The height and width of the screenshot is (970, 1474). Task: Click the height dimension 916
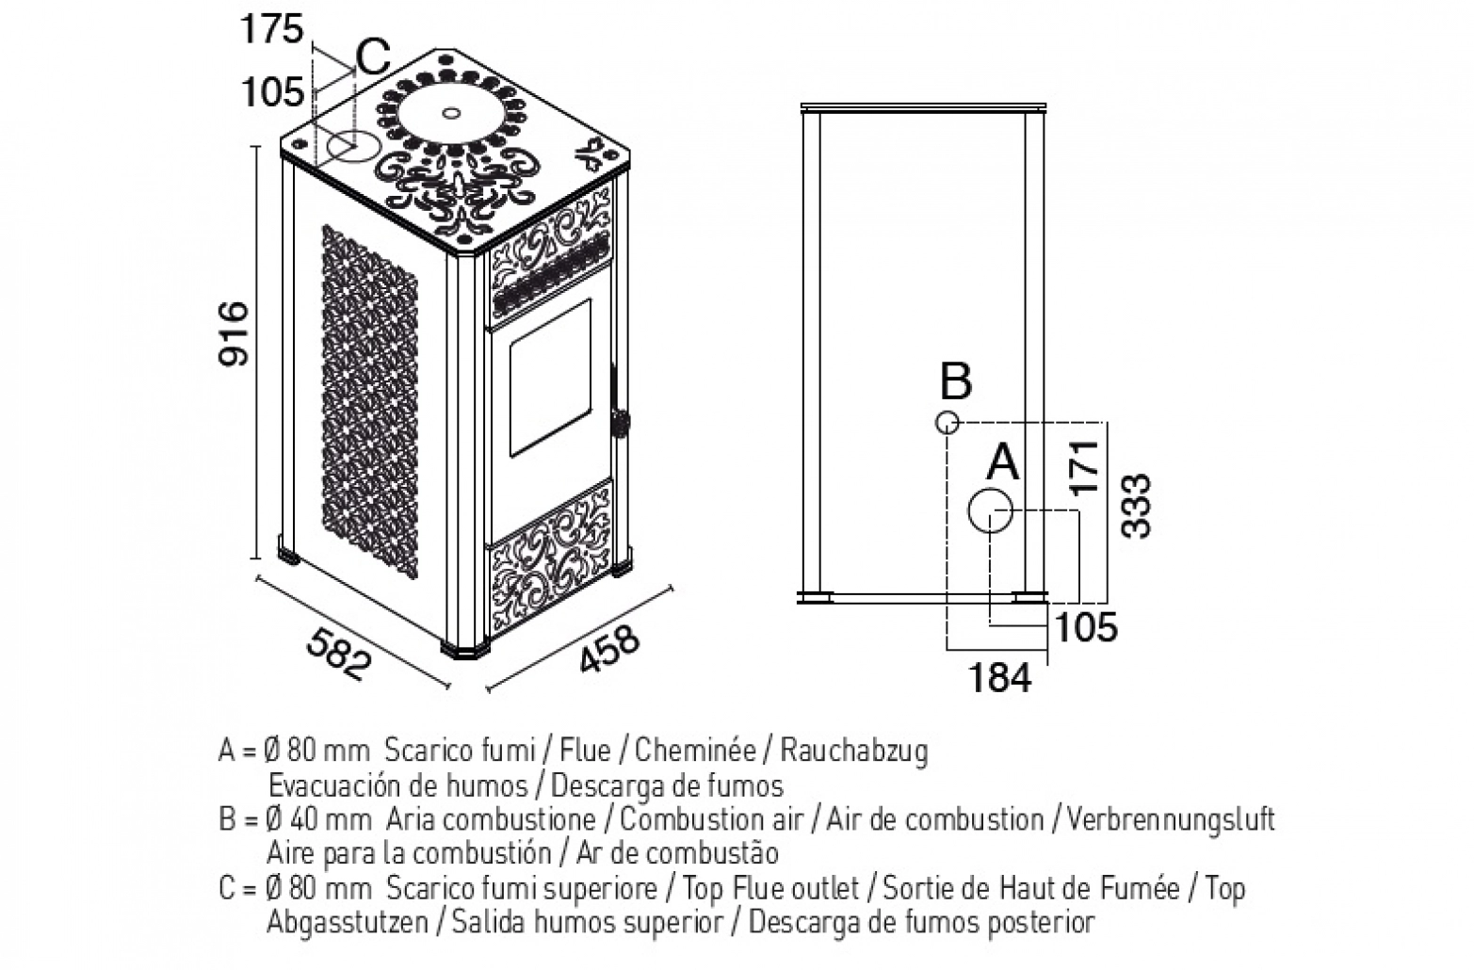click(x=235, y=333)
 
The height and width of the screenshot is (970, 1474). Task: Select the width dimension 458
click(x=609, y=649)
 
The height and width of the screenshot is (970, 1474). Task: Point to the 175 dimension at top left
click(x=271, y=29)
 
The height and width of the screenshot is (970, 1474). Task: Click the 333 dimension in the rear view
click(x=1137, y=506)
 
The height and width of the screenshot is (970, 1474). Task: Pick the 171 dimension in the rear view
click(x=1085, y=467)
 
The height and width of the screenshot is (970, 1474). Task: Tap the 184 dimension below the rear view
click(x=999, y=677)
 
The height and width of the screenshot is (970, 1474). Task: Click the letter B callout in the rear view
click(x=956, y=381)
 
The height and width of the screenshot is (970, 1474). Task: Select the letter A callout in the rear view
click(x=1003, y=462)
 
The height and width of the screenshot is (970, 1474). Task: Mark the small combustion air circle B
click(x=947, y=423)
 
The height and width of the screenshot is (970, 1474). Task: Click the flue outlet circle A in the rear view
click(x=990, y=510)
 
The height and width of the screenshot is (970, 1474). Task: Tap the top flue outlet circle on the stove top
click(x=353, y=146)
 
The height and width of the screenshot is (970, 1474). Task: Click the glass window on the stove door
click(x=550, y=378)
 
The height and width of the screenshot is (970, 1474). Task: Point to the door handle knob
click(x=620, y=423)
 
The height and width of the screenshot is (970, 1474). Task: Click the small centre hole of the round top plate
click(x=451, y=113)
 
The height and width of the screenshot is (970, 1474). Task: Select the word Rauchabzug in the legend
click(x=854, y=752)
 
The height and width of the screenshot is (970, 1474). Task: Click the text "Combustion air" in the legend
click(x=711, y=820)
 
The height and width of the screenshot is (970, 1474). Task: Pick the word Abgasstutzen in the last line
click(x=348, y=923)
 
